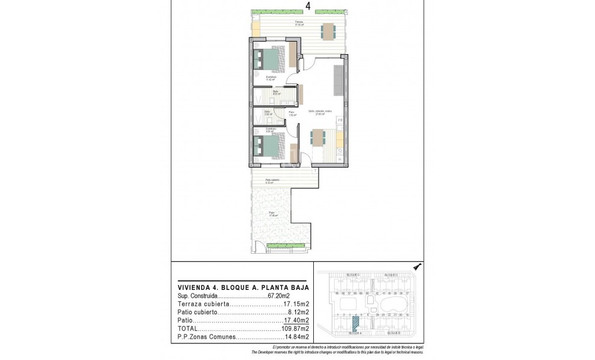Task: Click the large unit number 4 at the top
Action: coord(308,6)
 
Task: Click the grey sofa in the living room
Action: coord(338,80)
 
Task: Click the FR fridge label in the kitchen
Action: coord(340,121)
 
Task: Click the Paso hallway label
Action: coord(292,112)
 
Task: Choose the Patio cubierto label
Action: coord(272,180)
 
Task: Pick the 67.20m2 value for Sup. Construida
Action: coord(279,295)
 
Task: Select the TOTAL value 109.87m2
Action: coord(295,329)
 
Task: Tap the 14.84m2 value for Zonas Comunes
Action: coord(296,337)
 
